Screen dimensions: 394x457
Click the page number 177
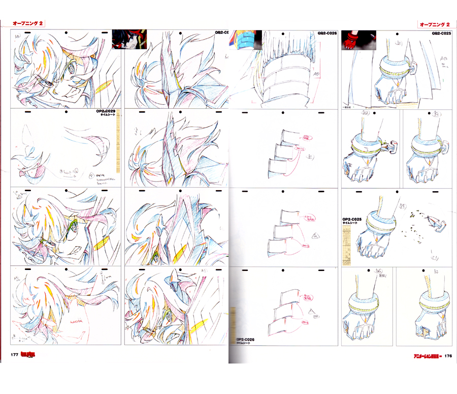point(15,355)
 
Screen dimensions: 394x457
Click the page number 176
point(448,356)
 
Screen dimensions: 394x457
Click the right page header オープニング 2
point(434,24)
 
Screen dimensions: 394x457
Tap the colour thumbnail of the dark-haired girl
point(129,39)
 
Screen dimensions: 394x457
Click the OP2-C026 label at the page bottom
point(246,340)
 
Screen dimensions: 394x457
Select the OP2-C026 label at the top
point(327,33)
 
